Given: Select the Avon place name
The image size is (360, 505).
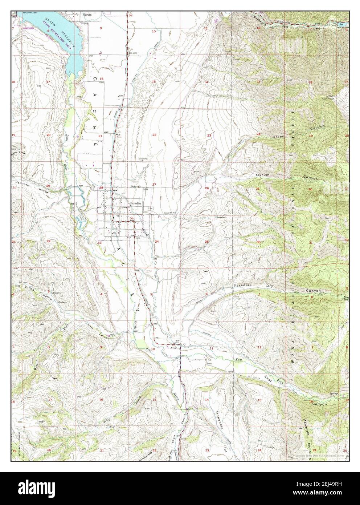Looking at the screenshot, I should (173, 347).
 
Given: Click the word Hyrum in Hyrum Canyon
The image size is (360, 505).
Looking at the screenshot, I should (263, 175).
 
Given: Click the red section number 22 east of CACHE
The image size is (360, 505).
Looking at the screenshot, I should (154, 135).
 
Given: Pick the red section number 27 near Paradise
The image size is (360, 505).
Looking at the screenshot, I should (154, 185).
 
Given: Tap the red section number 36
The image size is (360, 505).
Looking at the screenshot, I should (258, 242).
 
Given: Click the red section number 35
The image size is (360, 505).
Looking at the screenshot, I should (206, 242).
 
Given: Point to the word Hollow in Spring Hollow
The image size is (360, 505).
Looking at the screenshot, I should (48, 296).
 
